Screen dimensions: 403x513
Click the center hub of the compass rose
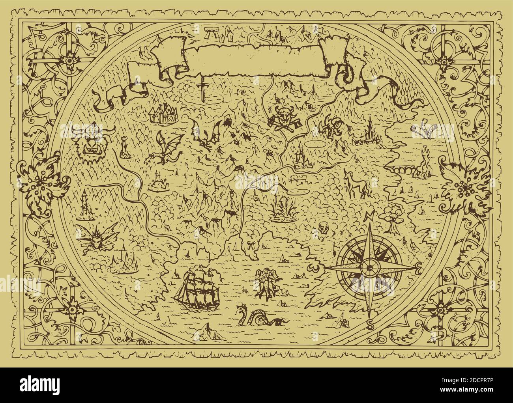pyautogui.click(x=369, y=269)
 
